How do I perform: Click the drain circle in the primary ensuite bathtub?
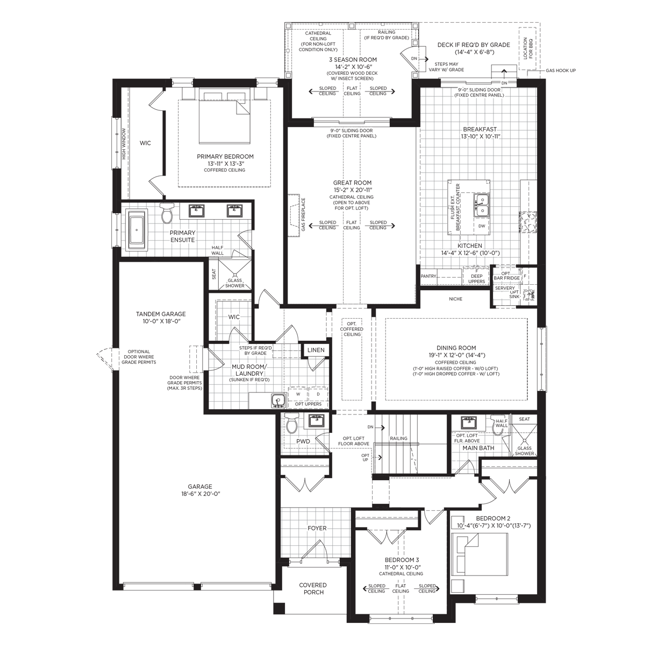coord(137,230)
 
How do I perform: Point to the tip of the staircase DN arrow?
coord(385,427)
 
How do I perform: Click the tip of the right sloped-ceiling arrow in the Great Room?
coord(395,226)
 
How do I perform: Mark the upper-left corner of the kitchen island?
coord(448,180)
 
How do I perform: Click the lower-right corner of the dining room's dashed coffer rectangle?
coord(527,400)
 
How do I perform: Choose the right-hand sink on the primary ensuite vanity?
coord(235,210)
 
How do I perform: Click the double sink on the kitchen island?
coord(481,206)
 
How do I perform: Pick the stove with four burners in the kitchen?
coord(528,223)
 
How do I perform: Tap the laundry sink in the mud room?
coord(278,401)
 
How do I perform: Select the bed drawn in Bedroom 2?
coord(480,554)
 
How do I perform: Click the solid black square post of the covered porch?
coord(279,608)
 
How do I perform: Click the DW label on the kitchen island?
coord(482,226)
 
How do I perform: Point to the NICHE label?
coord(455,299)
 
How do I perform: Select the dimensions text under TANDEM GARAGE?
coord(161,321)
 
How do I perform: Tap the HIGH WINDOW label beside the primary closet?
coord(124,144)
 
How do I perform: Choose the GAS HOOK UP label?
coord(561,71)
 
